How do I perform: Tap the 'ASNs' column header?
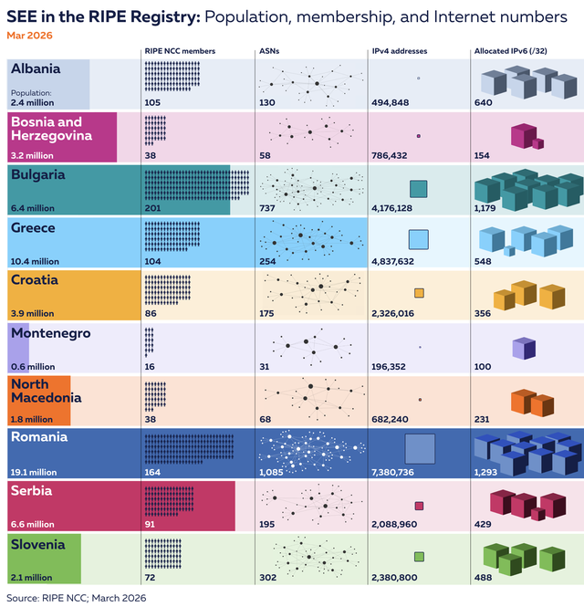click(x=269, y=51)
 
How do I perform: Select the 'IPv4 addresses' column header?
click(x=400, y=51)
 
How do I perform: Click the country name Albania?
click(x=36, y=69)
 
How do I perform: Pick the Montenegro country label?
click(x=50, y=334)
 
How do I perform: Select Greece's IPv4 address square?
click(x=419, y=240)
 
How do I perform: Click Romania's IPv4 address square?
click(x=420, y=449)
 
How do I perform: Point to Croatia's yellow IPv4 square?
click(x=419, y=293)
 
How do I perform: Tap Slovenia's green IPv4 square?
click(x=419, y=556)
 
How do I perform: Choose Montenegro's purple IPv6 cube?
click(x=523, y=348)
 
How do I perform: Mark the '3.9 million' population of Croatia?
click(x=34, y=314)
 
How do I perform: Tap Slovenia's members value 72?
click(x=151, y=578)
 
